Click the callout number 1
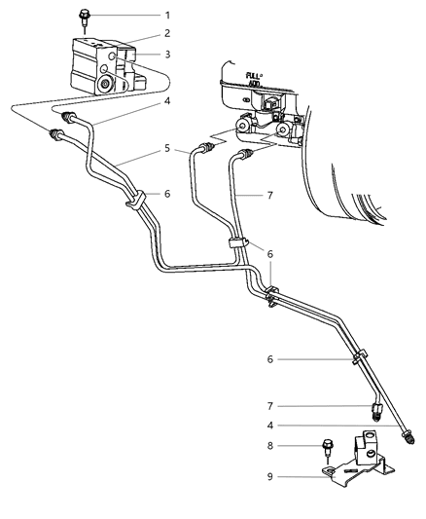tap(166, 15)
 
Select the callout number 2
tap(166, 34)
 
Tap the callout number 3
tap(166, 55)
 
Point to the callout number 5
tap(166, 149)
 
